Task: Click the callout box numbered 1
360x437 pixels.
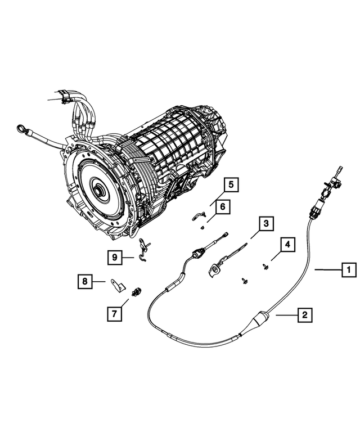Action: [349, 271]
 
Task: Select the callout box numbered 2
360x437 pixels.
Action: [304, 316]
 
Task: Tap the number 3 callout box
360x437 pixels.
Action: [265, 225]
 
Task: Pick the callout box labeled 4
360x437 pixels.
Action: [287, 245]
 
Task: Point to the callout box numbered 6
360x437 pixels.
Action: [222, 208]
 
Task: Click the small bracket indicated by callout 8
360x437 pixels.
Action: [118, 286]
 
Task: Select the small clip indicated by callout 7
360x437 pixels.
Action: [135, 291]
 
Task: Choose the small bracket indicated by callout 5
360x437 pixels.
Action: [199, 213]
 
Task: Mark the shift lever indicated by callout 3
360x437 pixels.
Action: [219, 267]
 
